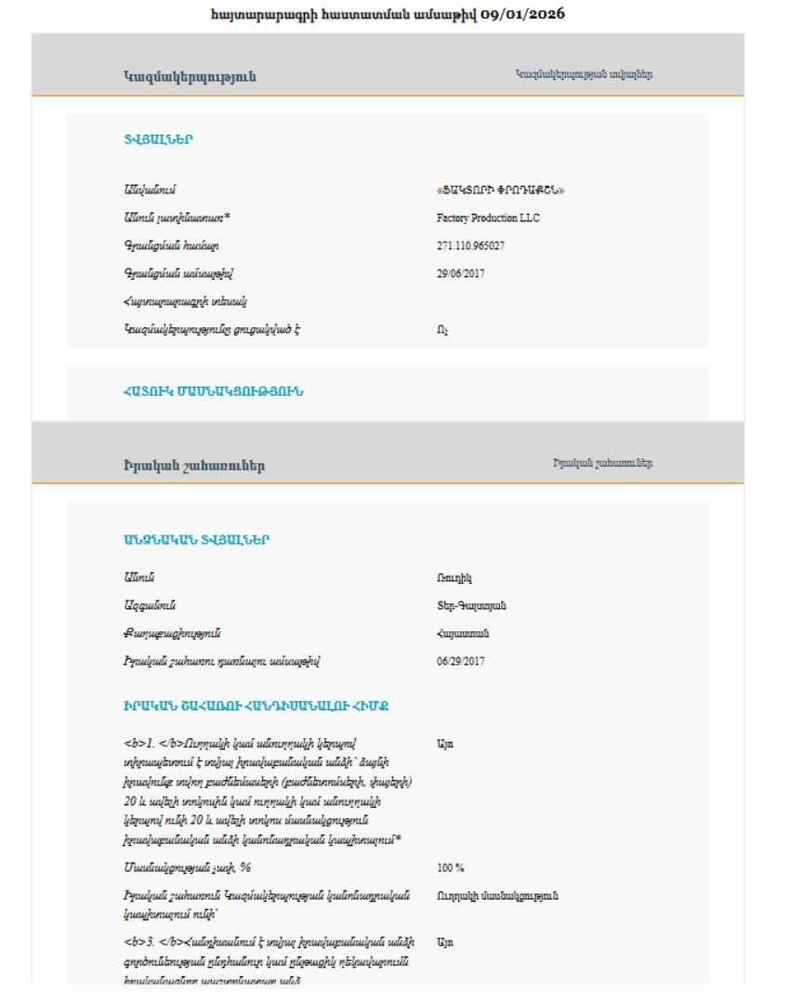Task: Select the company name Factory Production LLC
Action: click(487, 218)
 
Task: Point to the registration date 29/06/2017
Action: click(460, 273)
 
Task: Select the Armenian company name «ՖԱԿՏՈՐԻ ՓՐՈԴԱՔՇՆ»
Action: click(500, 190)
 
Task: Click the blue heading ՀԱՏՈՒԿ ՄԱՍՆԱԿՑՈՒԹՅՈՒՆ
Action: click(213, 391)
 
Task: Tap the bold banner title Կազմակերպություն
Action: click(189, 76)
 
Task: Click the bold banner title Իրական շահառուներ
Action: click(193, 466)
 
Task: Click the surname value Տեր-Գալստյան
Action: click(471, 606)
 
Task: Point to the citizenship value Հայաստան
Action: click(462, 634)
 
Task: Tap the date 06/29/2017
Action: click(460, 662)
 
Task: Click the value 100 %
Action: click(450, 867)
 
